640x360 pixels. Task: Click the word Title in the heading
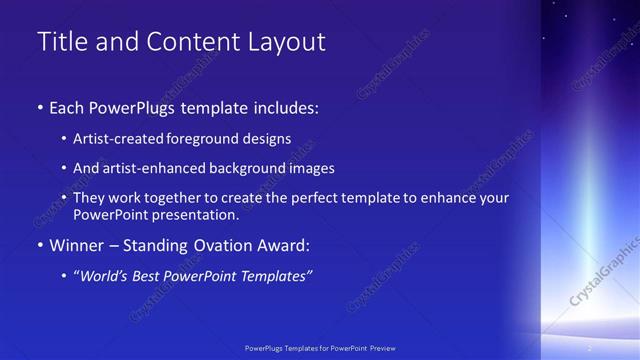point(59,42)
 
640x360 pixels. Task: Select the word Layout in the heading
point(291,42)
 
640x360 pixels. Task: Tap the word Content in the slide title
point(191,42)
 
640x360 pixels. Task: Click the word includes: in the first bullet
point(287,107)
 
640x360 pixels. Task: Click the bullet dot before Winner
point(39,245)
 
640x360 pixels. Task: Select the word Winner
point(77,244)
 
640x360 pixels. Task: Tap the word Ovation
point(220,244)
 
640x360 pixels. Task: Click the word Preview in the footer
point(383,347)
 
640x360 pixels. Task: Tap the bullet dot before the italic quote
point(65,275)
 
